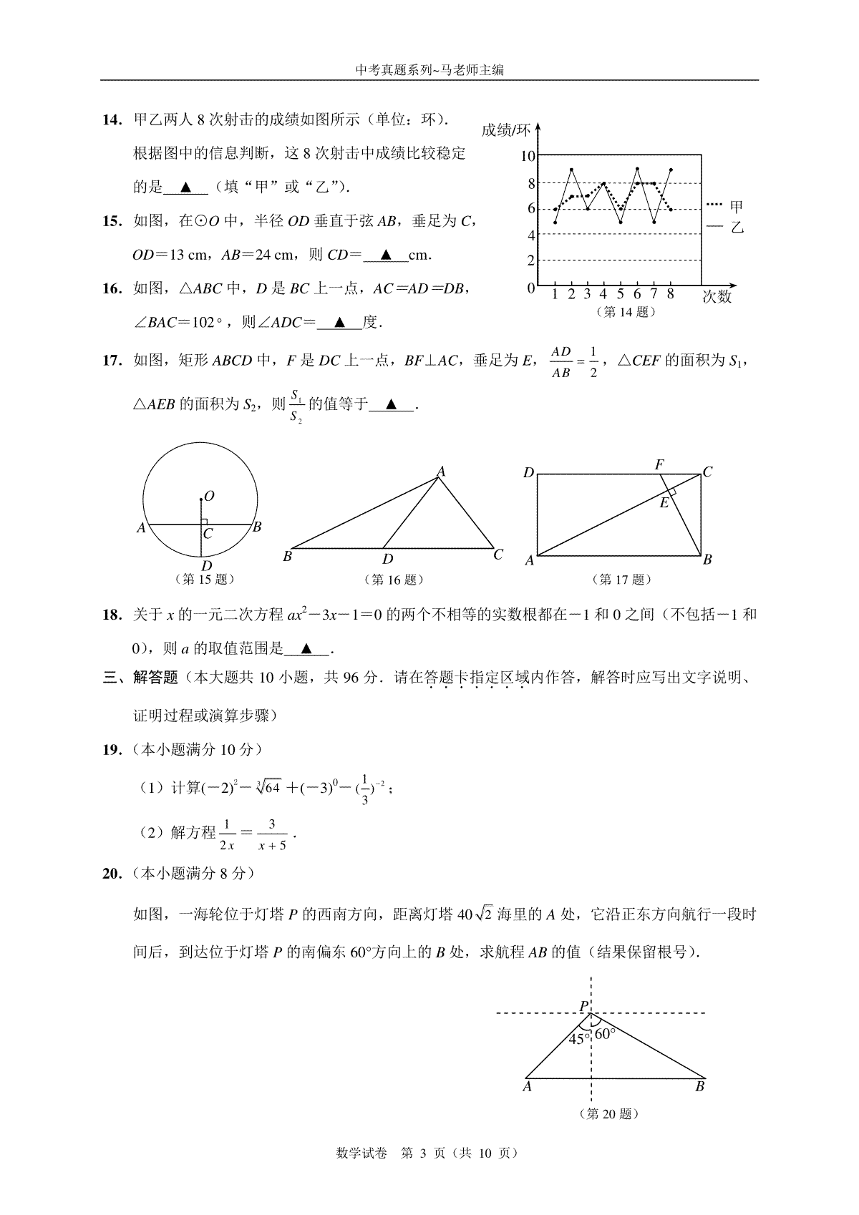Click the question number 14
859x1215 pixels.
[112, 120]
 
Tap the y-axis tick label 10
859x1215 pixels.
[528, 156]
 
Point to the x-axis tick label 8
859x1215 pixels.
[670, 294]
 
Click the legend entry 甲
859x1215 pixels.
[737, 208]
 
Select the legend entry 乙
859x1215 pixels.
[737, 228]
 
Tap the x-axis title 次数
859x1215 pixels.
[717, 296]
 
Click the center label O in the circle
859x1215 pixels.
[209, 496]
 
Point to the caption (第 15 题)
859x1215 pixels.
[205, 579]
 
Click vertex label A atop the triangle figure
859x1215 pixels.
[442, 471]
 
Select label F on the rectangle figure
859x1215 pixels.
[659, 464]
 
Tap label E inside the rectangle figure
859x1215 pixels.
[664, 503]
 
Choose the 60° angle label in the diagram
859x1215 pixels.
[605, 1033]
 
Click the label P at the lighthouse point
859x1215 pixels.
[584, 1007]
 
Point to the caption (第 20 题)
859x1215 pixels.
[608, 1114]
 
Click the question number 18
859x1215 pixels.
[112, 615]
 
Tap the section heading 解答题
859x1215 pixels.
[155, 678]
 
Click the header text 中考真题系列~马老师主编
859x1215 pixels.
[429, 70]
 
